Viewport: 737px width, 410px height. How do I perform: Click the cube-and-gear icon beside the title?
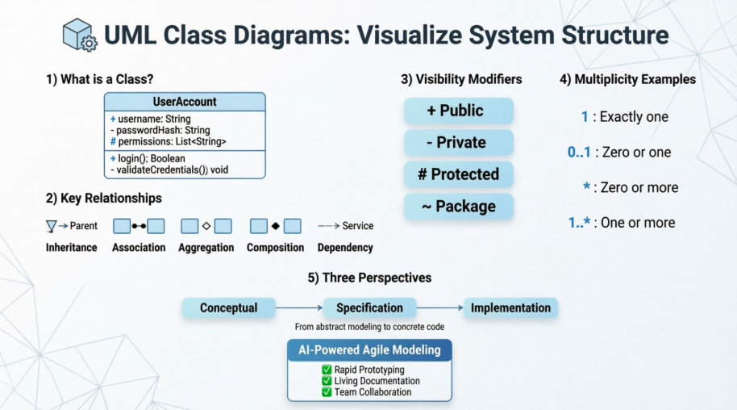(x=80, y=36)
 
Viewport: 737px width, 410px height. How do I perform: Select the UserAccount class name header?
(x=185, y=102)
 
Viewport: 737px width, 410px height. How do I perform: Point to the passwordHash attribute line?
(x=160, y=130)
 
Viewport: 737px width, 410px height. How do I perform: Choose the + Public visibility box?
(x=458, y=111)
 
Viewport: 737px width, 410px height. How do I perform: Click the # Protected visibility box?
(x=458, y=174)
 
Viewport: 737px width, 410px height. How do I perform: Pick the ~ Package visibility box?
(x=458, y=207)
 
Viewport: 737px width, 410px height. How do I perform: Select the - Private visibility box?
(x=458, y=143)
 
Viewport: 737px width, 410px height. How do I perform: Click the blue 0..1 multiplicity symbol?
(x=579, y=152)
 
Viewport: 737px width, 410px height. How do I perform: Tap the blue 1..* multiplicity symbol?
(x=581, y=223)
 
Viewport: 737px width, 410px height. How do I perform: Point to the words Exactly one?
(x=635, y=117)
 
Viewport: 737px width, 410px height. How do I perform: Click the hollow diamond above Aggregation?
(x=206, y=226)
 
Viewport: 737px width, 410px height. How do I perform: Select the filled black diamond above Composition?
(x=275, y=226)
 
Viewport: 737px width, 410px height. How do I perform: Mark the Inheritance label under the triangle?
(x=72, y=248)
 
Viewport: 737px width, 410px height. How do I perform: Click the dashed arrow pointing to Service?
(x=328, y=226)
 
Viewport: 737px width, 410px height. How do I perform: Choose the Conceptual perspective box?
(x=229, y=307)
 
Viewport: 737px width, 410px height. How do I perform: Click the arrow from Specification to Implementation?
(x=439, y=307)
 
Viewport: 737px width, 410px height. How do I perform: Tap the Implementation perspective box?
(x=510, y=307)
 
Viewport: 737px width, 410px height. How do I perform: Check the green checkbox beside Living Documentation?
(x=327, y=381)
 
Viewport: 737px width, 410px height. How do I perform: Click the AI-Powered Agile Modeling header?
(x=370, y=350)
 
